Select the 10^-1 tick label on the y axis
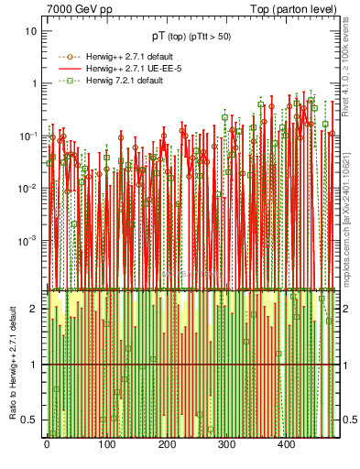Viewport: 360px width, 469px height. (x=29, y=136)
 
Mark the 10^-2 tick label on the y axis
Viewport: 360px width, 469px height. (x=29, y=188)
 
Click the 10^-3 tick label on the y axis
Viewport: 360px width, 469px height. (x=29, y=240)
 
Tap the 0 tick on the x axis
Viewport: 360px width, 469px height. (x=47, y=444)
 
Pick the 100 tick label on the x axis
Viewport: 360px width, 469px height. (x=107, y=444)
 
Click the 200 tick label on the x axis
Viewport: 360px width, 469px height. (x=168, y=444)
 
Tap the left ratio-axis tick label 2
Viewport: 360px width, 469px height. (x=34, y=310)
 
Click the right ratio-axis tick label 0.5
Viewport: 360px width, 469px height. (x=349, y=420)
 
